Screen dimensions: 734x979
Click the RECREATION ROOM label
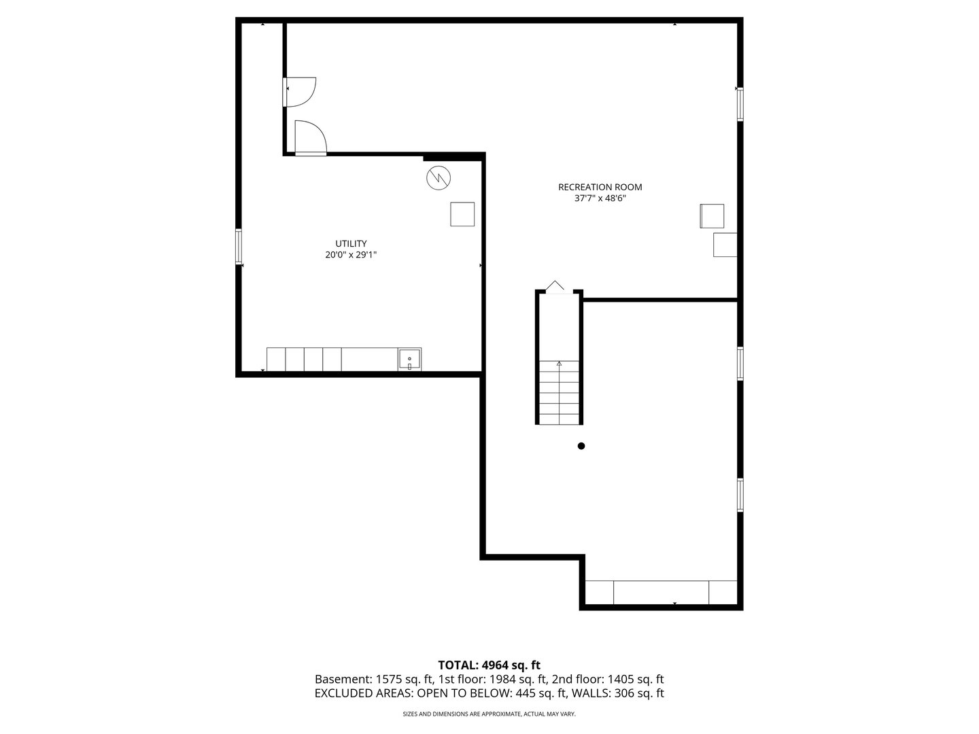point(600,187)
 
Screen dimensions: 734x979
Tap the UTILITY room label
point(351,243)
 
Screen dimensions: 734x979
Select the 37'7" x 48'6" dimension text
point(600,199)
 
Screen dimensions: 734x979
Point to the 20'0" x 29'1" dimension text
point(351,255)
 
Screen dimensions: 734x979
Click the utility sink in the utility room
point(409,359)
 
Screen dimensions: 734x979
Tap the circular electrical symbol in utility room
point(439,177)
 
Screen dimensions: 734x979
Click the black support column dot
point(581,446)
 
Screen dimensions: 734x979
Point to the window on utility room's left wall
point(239,246)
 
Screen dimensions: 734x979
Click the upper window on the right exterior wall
point(740,104)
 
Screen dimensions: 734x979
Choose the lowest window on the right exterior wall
point(740,494)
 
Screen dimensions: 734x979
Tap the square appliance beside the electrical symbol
point(462,214)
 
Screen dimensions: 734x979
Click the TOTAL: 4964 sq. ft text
point(489,665)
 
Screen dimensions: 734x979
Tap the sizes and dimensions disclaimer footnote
point(489,714)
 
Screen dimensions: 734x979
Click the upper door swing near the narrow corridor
point(300,90)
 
